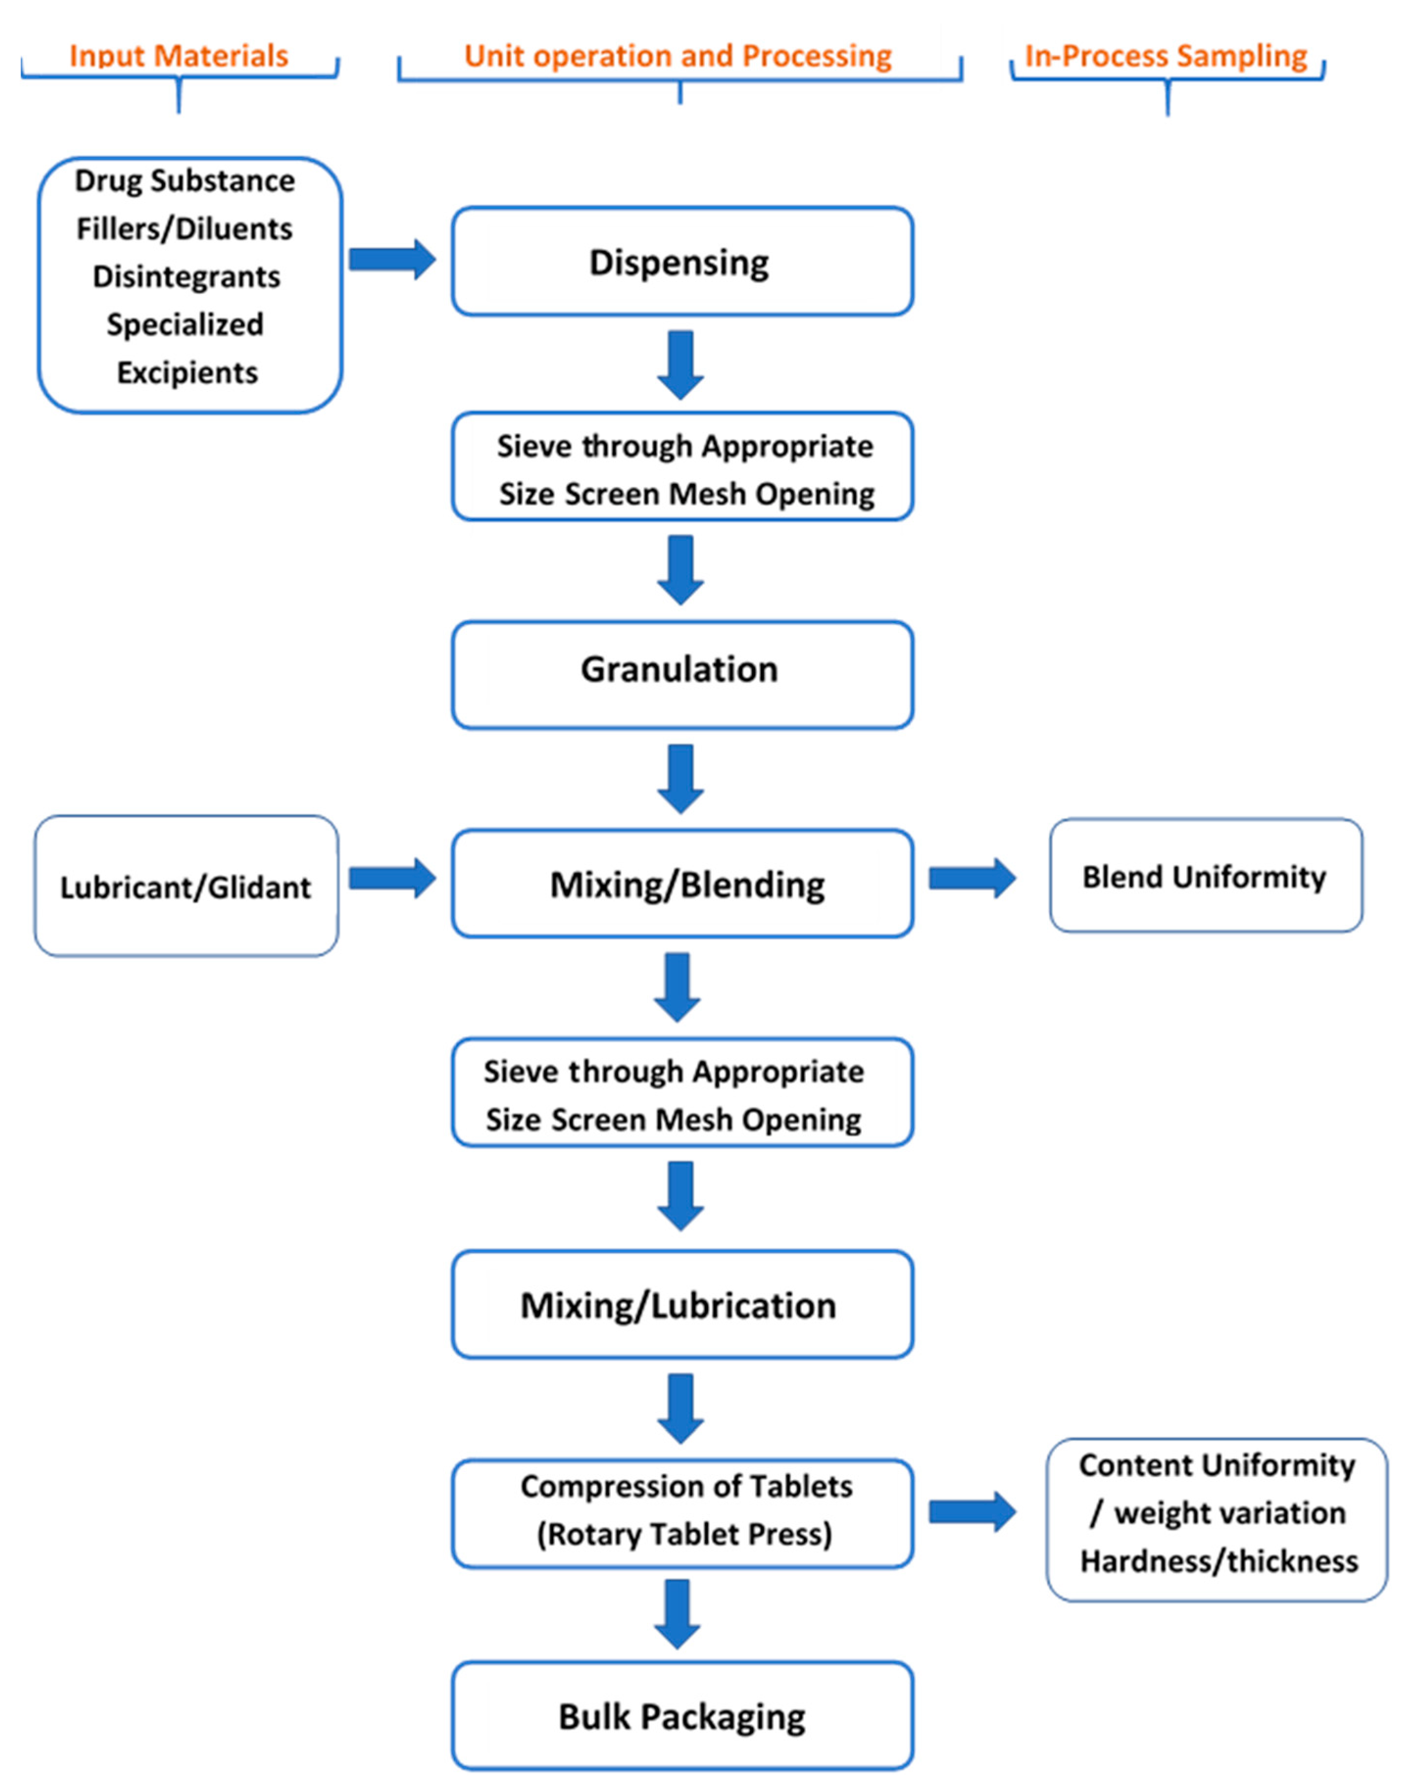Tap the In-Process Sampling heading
coord(1165,55)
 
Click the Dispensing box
coord(682,261)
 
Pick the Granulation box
coord(682,669)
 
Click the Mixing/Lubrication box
coord(682,1305)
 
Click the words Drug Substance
coord(185,181)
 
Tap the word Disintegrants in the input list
coord(186,276)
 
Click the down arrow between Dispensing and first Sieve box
coord(680,365)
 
